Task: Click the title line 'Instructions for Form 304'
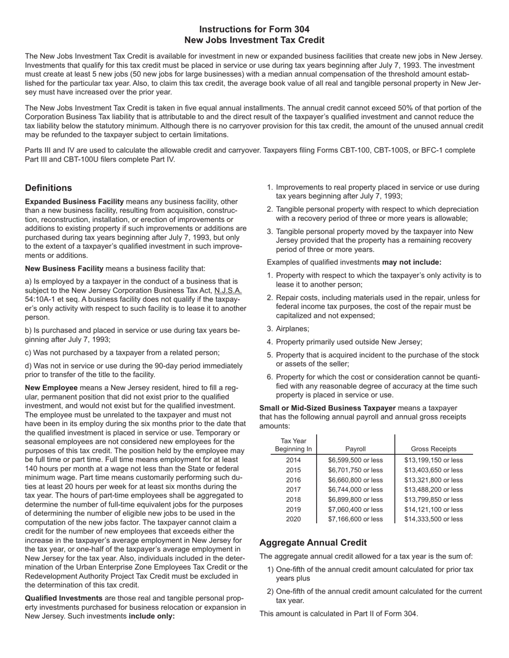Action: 254,29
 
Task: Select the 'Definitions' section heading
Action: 48,188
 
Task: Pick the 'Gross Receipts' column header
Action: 433,449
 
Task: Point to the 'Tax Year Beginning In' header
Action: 293,445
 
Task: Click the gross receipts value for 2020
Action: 433,519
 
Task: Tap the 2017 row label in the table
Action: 293,489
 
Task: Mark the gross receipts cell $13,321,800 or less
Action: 433,480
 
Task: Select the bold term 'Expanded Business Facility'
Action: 74,202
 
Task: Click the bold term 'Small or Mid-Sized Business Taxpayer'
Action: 327,408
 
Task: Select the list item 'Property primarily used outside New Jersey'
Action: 349,342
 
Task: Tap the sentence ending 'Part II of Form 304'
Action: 339,614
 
